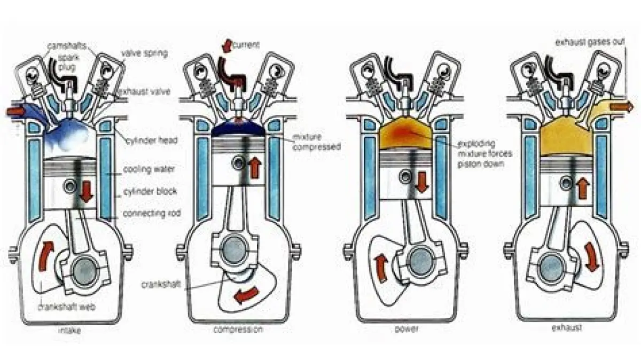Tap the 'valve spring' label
(144, 53)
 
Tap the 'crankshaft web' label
(66, 308)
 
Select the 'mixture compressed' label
(316, 142)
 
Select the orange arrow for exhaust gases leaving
(621, 107)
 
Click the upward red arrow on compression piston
(255, 168)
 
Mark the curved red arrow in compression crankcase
(246, 295)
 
